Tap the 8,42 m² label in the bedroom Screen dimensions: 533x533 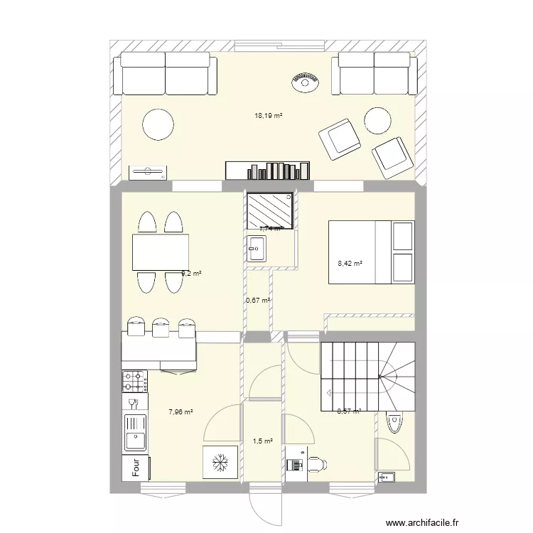click(350, 264)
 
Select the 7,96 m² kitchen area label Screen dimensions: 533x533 click(180, 411)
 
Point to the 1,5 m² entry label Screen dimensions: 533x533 click(262, 441)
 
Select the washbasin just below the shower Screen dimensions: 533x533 click(257, 249)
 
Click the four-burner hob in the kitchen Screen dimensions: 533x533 click(134, 382)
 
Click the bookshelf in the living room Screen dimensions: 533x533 click(268, 171)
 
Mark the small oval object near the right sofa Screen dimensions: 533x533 click(305, 82)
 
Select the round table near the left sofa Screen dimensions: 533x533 click(158, 124)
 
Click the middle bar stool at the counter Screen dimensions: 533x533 click(160, 328)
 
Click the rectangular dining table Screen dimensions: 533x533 click(160, 252)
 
